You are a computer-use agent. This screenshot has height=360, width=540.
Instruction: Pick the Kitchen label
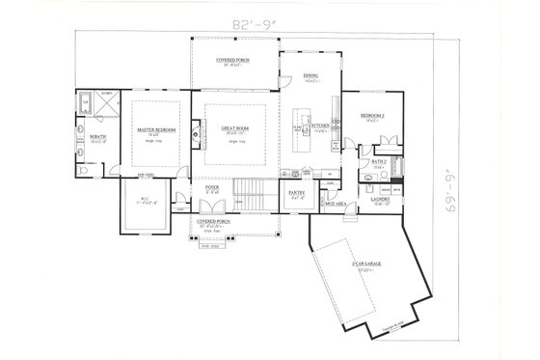[320, 126]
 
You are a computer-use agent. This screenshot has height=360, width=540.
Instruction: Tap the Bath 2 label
[379, 160]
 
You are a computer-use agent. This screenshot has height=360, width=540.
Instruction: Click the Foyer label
[211, 189]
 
